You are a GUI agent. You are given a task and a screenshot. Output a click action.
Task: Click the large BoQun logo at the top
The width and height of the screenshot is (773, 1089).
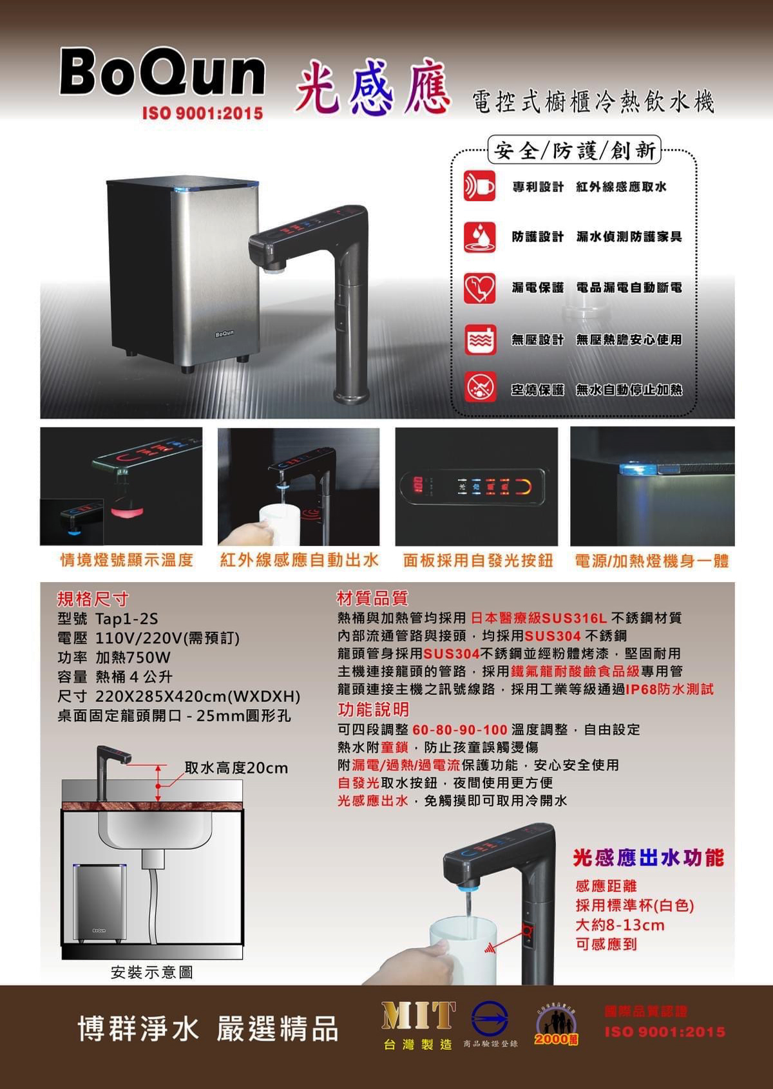click(162, 71)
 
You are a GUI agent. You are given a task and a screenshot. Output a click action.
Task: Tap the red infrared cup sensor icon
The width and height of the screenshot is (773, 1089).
click(480, 186)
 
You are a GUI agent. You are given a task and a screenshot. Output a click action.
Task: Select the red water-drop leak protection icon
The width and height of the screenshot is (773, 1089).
click(480, 237)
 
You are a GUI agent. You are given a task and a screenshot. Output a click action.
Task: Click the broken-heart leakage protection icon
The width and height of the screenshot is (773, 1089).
click(480, 288)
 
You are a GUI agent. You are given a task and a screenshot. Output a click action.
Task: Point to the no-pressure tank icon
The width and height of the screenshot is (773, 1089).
click(480, 339)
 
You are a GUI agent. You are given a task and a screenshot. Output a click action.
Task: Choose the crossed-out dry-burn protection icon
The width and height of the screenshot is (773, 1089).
click(480, 389)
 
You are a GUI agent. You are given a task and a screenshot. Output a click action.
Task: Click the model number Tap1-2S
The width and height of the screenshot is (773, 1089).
click(126, 619)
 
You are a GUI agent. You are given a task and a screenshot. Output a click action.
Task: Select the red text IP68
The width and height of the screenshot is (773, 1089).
click(640, 689)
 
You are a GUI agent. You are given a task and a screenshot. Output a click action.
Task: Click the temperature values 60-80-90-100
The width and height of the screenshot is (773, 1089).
click(459, 730)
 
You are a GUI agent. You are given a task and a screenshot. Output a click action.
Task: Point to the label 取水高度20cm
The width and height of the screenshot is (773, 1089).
click(236, 768)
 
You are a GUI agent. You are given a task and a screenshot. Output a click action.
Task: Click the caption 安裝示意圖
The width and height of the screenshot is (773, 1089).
click(151, 972)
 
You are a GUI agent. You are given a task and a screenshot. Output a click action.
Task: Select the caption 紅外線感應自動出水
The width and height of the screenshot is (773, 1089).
click(299, 560)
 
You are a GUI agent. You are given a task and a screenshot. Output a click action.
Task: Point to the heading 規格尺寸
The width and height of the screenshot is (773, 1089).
click(93, 599)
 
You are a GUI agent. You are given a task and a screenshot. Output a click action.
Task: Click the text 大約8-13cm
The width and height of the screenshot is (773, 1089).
click(620, 925)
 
